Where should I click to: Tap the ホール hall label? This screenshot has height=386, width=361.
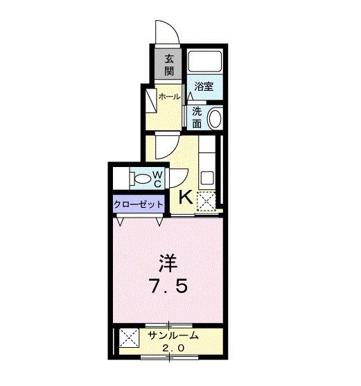pos(170,97)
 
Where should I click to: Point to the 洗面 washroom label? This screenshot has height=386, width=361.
pos(197,117)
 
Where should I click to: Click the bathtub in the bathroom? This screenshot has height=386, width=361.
pos(204,63)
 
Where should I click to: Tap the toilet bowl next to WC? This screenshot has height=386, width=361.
pos(142,178)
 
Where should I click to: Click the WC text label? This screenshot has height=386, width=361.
pos(158,178)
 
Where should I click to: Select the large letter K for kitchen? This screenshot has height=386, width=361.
pos(186,198)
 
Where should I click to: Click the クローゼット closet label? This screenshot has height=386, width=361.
pos(139,204)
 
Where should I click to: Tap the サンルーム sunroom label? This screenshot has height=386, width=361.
pos(173,336)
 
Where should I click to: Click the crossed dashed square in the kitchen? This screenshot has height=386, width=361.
pos(206,200)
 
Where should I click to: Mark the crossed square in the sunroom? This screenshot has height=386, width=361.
pos(129,340)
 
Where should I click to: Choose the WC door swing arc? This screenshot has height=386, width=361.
pos(178,178)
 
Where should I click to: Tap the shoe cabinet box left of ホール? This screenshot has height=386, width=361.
pos(150,102)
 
